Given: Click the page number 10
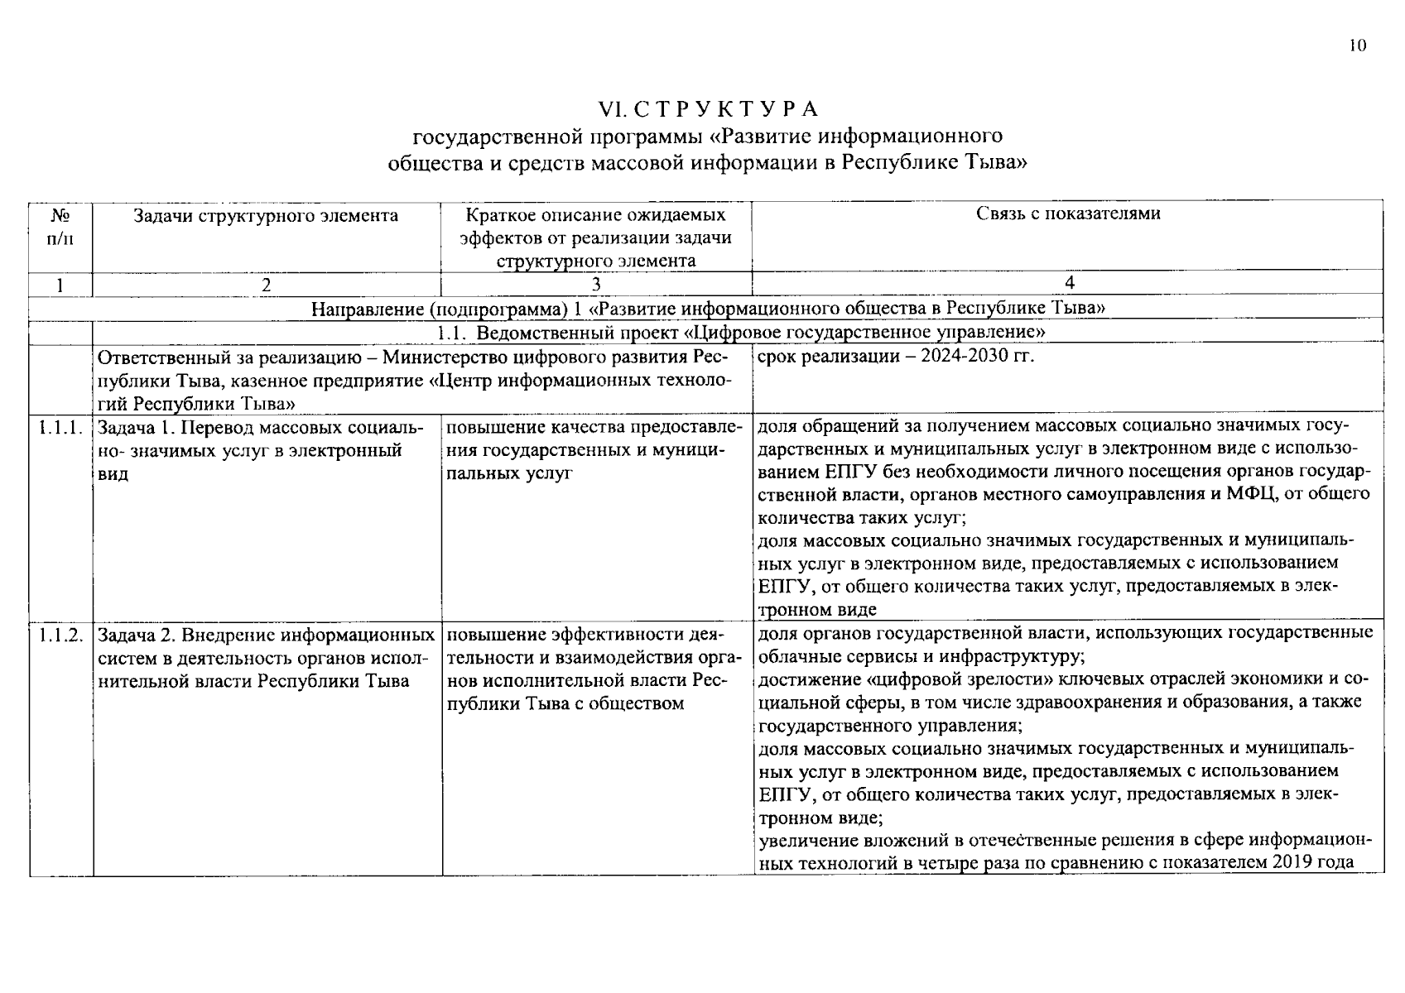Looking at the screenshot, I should point(1358,46).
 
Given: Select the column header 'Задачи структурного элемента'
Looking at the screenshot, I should point(266,216).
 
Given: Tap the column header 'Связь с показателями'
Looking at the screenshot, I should point(1068,213).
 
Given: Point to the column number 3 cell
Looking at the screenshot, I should point(596,284).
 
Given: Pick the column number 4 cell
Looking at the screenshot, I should point(1069,283).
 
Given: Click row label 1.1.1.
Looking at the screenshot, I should point(60,428).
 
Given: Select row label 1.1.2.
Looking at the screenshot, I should point(60,636).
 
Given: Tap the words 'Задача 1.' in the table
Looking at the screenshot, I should point(137,428).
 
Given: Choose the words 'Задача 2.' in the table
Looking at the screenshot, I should point(137,636).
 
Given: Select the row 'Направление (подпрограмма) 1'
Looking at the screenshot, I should point(709,308).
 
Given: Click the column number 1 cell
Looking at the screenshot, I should point(60,284).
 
